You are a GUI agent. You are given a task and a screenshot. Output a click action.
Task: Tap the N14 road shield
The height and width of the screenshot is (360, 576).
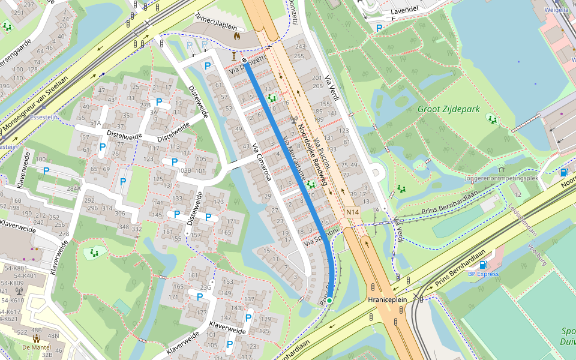click(352, 212)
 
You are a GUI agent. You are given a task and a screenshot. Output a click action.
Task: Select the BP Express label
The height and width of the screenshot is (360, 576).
click(484, 274)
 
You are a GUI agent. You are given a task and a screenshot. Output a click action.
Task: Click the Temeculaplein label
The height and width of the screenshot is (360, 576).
click(216, 27)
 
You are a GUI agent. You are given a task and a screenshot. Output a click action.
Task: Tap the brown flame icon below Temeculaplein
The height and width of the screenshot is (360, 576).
click(236, 36)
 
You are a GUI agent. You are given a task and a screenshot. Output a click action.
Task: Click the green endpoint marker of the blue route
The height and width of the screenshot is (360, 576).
click(329, 299)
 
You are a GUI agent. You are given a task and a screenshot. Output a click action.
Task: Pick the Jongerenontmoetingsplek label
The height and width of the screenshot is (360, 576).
click(502, 178)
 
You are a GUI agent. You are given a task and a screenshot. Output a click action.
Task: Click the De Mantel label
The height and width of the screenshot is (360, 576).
click(35, 347)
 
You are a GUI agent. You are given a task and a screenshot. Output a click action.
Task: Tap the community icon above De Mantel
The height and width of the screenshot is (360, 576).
click(36, 338)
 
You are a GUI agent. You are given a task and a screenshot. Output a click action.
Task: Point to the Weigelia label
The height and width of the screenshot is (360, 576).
click(556, 10)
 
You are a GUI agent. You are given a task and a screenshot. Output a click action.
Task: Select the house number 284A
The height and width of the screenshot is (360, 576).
click(73, 188)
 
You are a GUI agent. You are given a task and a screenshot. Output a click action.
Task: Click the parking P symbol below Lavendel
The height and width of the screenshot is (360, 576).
click(379, 28)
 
